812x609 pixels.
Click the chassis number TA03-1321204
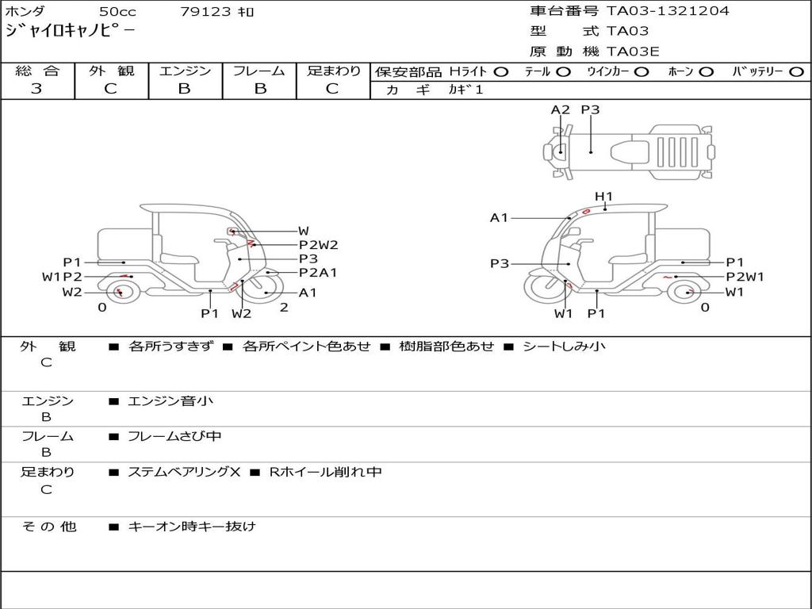click(668, 11)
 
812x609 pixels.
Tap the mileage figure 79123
click(206, 12)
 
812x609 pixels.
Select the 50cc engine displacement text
click(117, 12)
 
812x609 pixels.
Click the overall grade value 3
click(36, 89)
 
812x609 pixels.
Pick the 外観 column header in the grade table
click(111, 71)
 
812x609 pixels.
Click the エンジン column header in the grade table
click(185, 71)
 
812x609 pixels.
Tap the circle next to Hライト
click(500, 72)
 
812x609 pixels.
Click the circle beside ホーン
click(706, 72)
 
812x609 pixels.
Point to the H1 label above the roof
click(603, 197)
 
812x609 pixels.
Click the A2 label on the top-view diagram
click(561, 110)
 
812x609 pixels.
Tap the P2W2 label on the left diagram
click(319, 245)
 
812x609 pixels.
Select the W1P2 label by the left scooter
click(62, 277)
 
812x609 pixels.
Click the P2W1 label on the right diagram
click(745, 277)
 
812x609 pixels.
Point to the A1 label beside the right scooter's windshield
click(499, 218)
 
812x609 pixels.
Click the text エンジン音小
click(170, 401)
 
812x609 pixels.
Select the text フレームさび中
click(174, 436)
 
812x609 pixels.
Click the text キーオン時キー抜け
click(192, 527)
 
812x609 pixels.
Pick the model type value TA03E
click(633, 52)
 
